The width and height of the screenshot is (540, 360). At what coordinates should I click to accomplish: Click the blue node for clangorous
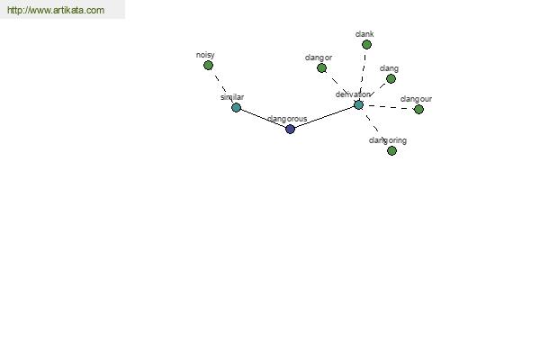click(291, 130)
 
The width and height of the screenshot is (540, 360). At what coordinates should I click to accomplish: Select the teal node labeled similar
click(236, 107)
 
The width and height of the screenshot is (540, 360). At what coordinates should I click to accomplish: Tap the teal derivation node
click(358, 104)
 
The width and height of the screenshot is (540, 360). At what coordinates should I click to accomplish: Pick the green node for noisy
click(208, 65)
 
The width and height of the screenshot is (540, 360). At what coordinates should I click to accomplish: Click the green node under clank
click(366, 44)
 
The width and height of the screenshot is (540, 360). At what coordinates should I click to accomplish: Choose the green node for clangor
click(321, 67)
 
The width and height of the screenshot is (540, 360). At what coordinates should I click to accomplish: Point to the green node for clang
click(391, 79)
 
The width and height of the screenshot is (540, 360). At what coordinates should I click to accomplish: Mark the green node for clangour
click(418, 109)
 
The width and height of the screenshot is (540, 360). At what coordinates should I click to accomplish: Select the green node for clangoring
click(391, 150)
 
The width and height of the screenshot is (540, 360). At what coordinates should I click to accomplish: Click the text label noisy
click(205, 55)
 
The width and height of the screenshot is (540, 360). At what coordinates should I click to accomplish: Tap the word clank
click(364, 34)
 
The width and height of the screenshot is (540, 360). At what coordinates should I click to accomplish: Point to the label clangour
click(416, 99)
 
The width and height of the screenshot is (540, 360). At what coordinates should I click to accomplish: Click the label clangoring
click(387, 140)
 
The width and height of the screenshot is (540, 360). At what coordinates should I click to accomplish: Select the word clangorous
click(287, 119)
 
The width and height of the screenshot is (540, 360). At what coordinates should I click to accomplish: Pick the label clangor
click(319, 58)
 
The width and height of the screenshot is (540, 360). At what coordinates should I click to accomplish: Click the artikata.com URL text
click(56, 10)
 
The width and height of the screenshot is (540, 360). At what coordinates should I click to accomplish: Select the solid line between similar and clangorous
click(263, 119)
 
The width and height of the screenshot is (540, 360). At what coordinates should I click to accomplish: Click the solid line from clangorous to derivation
click(324, 117)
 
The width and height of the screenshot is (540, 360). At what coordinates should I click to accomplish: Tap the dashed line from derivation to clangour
click(389, 107)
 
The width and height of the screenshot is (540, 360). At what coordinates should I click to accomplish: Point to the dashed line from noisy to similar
click(222, 86)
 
